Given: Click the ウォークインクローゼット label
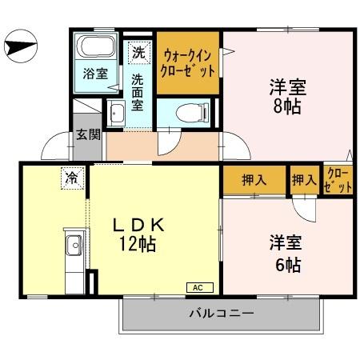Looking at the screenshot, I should click(189, 63).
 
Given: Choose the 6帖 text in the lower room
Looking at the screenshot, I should click(285, 265).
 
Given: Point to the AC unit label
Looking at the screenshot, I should click(197, 287).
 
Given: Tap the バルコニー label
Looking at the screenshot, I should click(222, 313).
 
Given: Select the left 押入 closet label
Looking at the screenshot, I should click(254, 180).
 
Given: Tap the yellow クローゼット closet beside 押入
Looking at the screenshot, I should click(338, 180).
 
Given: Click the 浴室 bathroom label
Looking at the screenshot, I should click(96, 74).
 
